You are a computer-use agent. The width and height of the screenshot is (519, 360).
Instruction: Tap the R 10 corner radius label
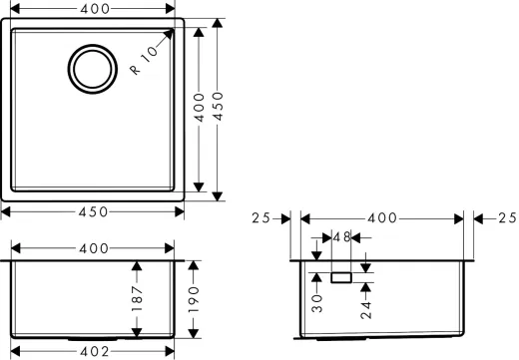click(x=144, y=60)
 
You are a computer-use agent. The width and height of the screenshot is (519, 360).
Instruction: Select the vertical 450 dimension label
click(x=218, y=106)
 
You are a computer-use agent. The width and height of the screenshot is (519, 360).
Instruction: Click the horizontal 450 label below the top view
click(x=93, y=211)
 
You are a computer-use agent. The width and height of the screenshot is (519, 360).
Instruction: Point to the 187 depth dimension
click(x=137, y=298)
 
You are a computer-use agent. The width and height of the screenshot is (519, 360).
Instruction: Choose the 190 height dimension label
click(x=194, y=300)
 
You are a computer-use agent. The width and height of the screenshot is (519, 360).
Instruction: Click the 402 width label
click(x=94, y=351)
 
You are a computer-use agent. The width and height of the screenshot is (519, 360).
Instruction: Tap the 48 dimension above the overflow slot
click(x=341, y=237)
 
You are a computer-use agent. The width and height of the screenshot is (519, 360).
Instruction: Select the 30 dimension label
click(x=317, y=303)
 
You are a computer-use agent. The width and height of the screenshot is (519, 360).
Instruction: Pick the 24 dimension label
click(x=366, y=310)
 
